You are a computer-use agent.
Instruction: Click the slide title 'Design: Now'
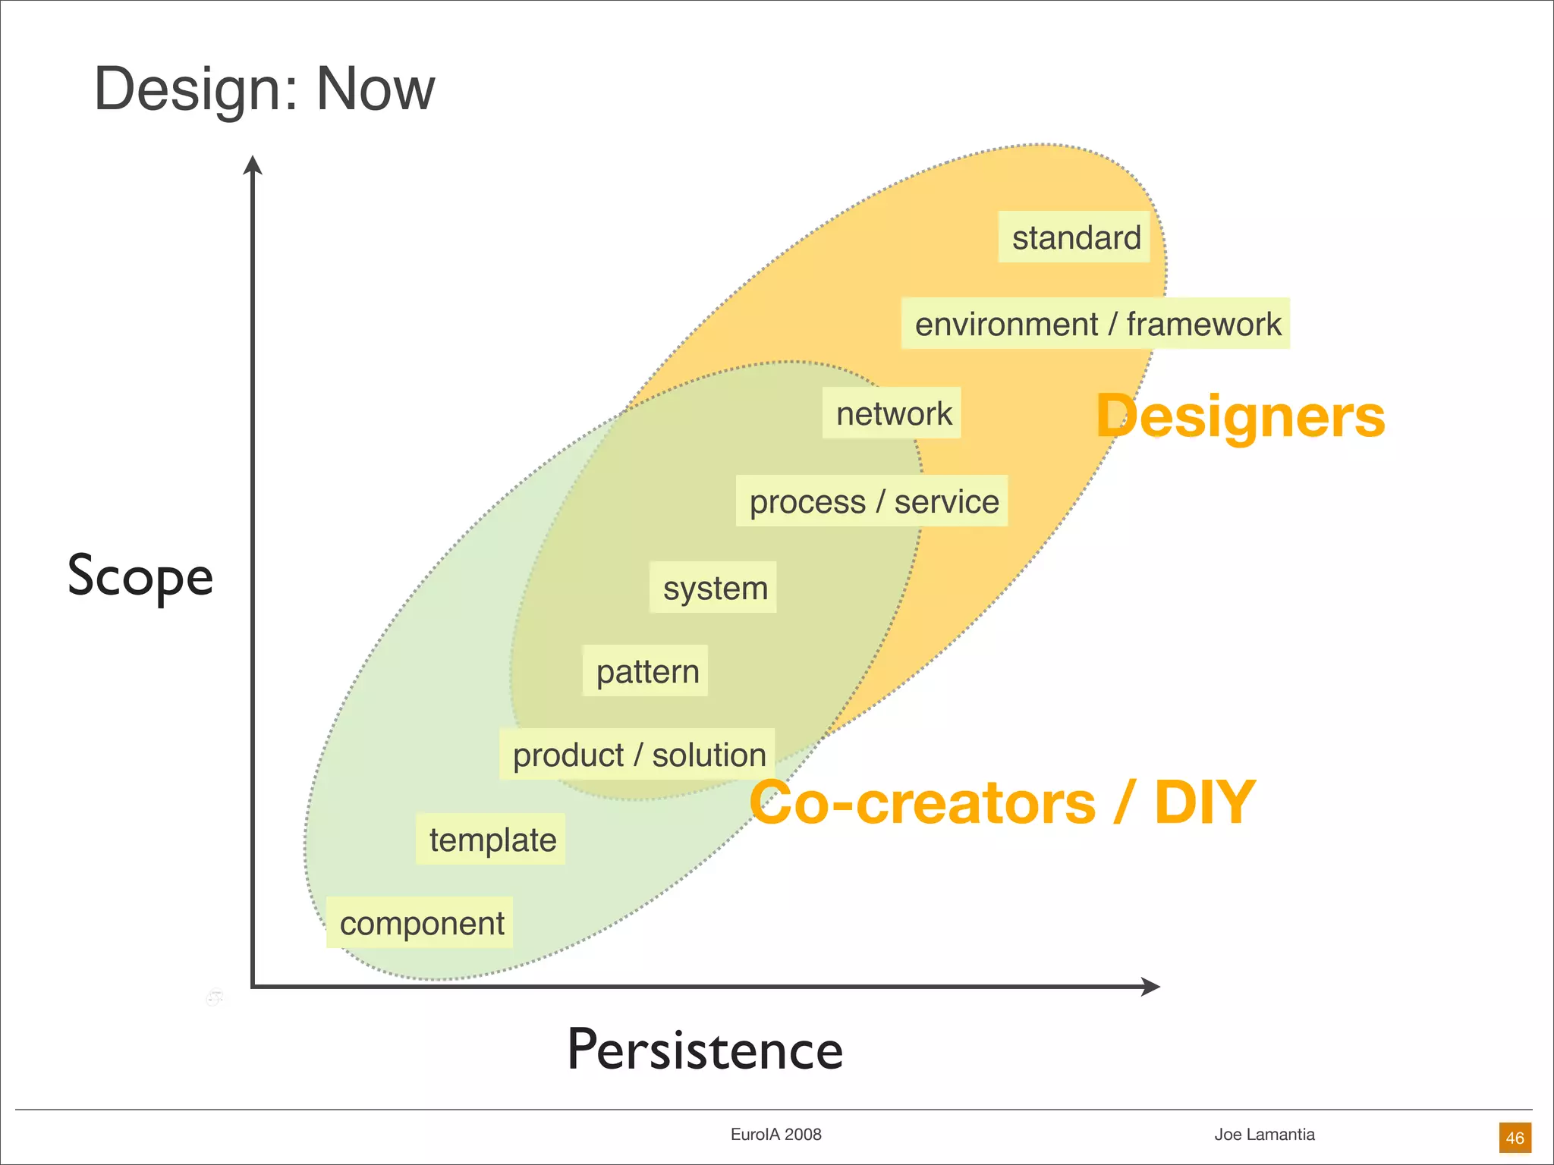click(x=263, y=89)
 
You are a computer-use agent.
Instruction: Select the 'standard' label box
click(x=1074, y=237)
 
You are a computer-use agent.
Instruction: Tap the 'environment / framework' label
click(x=1096, y=324)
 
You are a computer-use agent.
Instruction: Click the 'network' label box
click(x=892, y=413)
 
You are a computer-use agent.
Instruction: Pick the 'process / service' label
click(x=873, y=501)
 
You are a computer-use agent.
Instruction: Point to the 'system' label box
click(x=713, y=588)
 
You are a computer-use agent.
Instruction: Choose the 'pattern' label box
click(x=646, y=671)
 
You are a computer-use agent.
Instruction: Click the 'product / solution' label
click(x=637, y=755)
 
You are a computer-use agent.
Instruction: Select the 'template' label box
click(x=491, y=840)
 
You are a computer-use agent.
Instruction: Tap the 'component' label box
click(x=420, y=923)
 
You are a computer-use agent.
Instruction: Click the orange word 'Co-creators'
click(x=922, y=802)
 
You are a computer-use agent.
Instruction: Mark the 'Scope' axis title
click(x=140, y=576)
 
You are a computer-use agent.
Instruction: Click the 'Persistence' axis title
click(x=705, y=1050)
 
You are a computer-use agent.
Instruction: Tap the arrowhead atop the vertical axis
click(x=253, y=165)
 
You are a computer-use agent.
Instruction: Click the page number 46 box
click(x=1515, y=1138)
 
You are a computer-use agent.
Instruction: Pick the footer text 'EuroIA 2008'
click(x=775, y=1135)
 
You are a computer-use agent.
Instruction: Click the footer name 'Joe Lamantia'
click(x=1264, y=1135)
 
